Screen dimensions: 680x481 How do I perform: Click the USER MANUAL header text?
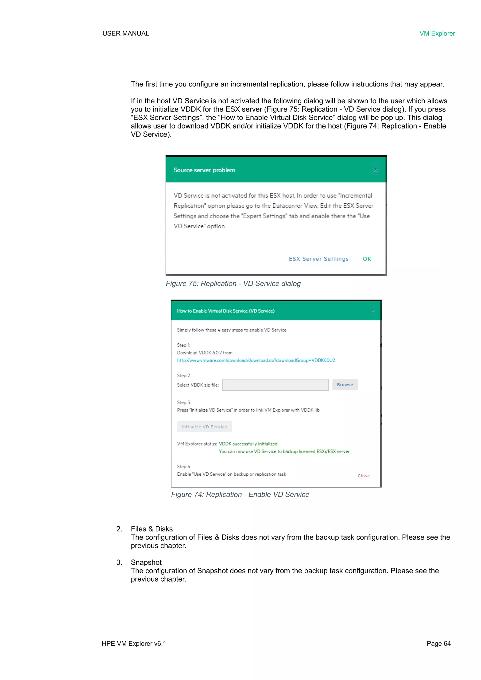click(126, 33)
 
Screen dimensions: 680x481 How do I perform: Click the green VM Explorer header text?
click(437, 33)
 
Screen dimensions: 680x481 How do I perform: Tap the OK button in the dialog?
click(367, 259)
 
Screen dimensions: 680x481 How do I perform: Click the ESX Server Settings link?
click(318, 259)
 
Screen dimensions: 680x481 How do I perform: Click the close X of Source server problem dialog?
click(375, 170)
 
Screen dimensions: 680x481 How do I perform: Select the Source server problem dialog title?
click(204, 170)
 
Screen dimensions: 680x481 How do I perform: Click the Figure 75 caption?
click(233, 284)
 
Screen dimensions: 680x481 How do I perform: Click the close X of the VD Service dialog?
click(372, 311)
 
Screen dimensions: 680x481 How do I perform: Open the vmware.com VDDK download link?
click(256, 360)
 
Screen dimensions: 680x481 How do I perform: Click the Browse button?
click(345, 385)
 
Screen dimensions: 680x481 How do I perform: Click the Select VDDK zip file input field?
click(275, 385)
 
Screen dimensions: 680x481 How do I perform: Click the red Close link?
click(363, 476)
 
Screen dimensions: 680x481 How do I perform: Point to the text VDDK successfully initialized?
click(248, 444)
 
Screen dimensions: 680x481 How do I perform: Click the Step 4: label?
click(184, 466)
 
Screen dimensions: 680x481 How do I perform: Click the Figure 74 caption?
click(240, 494)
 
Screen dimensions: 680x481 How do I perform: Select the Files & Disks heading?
click(152, 529)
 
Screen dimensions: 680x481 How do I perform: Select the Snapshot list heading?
click(146, 562)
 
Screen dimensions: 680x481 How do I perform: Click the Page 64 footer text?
click(438, 643)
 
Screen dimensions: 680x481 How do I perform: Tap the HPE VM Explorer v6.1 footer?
click(134, 643)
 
